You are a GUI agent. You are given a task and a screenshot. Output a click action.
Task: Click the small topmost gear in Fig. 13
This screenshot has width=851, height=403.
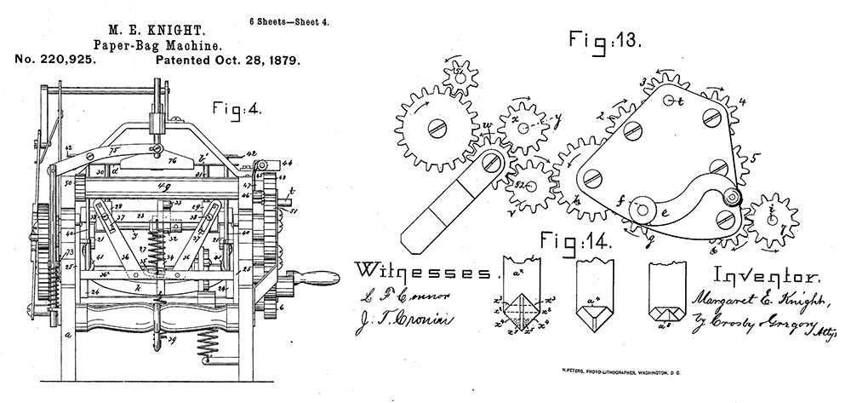(462, 78)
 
